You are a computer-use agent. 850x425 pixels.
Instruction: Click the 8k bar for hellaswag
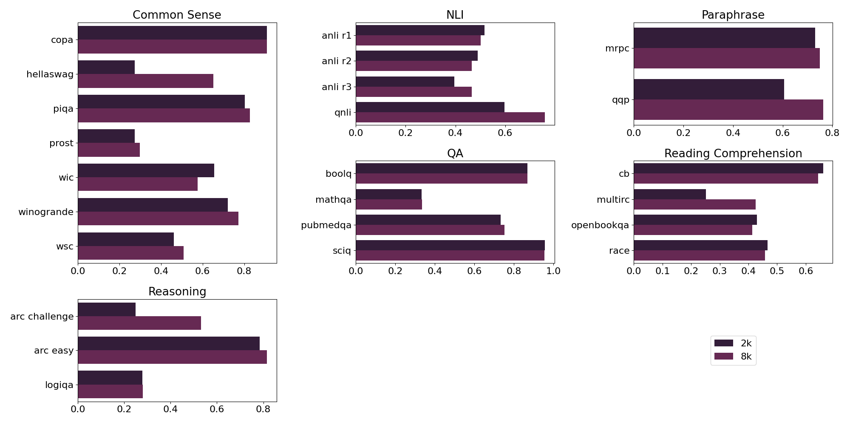click(x=145, y=81)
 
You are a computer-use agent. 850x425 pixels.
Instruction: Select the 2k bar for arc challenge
click(x=106, y=309)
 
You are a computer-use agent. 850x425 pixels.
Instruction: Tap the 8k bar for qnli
click(x=450, y=117)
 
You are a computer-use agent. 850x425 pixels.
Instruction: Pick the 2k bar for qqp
click(x=708, y=89)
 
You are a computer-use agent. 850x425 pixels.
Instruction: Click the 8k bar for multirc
click(x=694, y=204)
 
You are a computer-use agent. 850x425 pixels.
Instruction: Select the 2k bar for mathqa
click(x=388, y=194)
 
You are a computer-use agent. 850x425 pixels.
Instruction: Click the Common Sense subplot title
click(x=177, y=15)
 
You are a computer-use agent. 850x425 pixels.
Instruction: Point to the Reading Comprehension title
click(x=733, y=153)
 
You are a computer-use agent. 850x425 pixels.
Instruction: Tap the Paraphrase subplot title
click(x=733, y=15)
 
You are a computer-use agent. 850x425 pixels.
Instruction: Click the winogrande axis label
click(x=46, y=212)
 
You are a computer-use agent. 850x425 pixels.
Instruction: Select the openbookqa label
click(x=600, y=225)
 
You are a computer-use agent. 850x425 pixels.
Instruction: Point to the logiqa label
click(x=59, y=385)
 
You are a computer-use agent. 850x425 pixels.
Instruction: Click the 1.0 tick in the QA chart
click(x=553, y=271)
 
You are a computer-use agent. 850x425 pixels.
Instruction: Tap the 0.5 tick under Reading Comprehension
click(x=777, y=271)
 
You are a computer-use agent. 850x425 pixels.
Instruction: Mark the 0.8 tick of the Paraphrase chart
click(x=832, y=133)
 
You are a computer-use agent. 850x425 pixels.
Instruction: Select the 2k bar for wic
click(x=146, y=170)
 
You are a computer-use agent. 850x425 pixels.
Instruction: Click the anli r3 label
click(x=337, y=87)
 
